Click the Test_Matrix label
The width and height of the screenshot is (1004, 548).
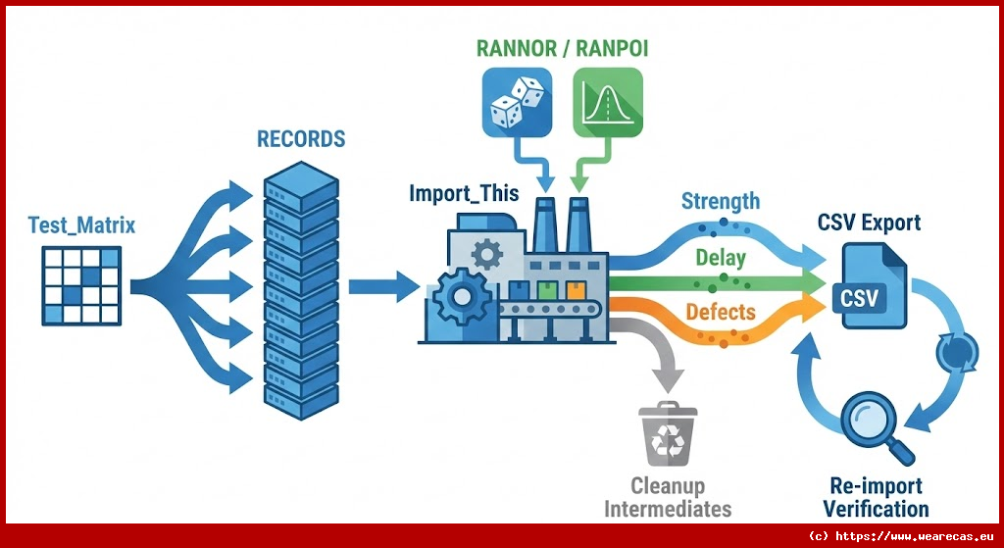(81, 225)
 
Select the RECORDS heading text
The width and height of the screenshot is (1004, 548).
(301, 138)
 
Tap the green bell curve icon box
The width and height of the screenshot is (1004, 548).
(606, 101)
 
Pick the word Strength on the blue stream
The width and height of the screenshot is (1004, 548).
(721, 201)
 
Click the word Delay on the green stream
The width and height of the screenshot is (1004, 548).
(721, 259)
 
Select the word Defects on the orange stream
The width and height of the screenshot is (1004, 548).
(721, 312)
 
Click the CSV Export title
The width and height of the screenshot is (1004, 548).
(869, 223)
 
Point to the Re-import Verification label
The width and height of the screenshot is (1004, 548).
(876, 498)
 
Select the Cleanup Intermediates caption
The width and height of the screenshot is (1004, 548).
(668, 497)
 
